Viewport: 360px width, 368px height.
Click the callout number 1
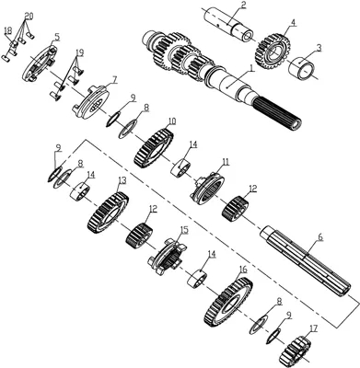tap(251, 69)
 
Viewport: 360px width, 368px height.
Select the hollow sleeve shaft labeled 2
tap(230, 25)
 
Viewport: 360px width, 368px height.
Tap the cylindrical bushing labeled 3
tap(302, 66)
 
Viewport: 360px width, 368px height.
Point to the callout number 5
tap(57, 38)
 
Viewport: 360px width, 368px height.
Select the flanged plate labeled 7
tap(91, 101)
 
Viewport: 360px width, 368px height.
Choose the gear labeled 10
tap(154, 148)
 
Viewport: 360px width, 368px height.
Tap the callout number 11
tap(226, 162)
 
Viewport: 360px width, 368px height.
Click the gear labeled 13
tap(108, 213)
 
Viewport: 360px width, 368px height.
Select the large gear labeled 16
tap(228, 302)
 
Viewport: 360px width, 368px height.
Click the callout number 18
tap(7, 29)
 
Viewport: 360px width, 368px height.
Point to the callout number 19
tap(80, 53)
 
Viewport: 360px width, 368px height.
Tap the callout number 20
tap(29, 16)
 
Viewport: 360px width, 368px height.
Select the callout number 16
tap(243, 270)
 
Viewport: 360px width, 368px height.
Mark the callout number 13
tap(122, 181)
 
